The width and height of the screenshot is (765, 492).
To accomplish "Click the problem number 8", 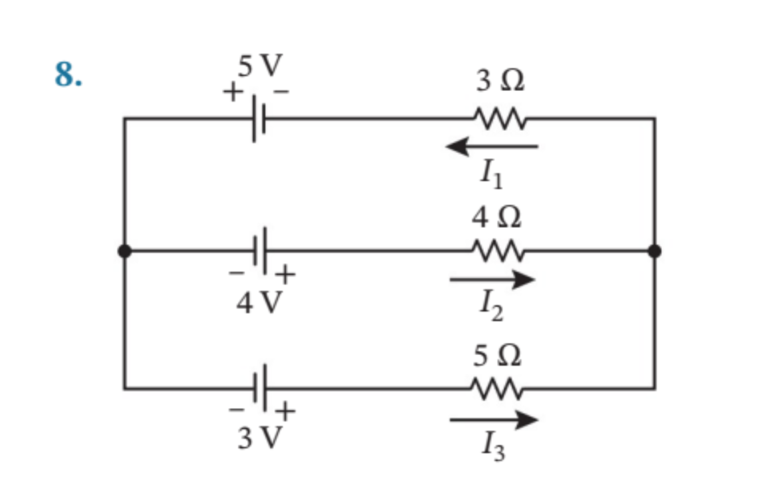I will tap(68, 74).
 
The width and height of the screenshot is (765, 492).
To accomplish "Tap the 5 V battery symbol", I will tap(259, 119).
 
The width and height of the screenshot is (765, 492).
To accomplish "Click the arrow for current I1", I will tap(492, 146).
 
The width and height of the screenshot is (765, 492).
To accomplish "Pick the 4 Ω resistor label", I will tap(498, 217).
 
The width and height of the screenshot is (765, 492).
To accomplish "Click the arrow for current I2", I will tap(492, 280).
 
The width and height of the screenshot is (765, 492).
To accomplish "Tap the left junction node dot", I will tap(124, 251).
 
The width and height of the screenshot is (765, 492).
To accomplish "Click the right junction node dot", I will tap(654, 251).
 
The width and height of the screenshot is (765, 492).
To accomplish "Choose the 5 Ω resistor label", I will tap(498, 356).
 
